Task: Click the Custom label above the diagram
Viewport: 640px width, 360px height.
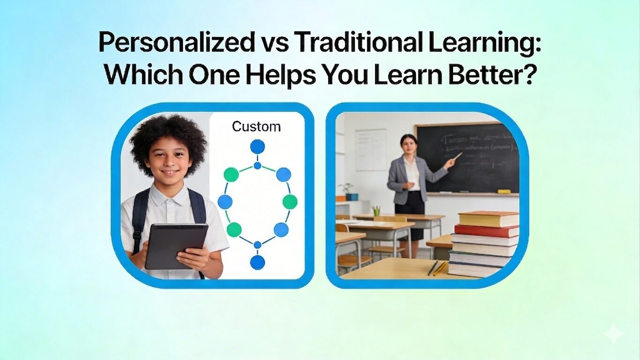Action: click(x=256, y=127)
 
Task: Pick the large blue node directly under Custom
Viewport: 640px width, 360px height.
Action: click(x=257, y=147)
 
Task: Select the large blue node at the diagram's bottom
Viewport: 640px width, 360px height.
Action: click(x=257, y=262)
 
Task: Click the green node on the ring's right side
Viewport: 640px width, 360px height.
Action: click(x=290, y=202)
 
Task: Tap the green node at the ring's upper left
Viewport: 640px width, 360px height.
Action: click(x=231, y=175)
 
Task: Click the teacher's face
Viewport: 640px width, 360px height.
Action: click(x=408, y=145)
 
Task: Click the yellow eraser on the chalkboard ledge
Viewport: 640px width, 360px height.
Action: click(x=504, y=191)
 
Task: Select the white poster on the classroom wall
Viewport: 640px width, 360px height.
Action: click(x=370, y=150)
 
